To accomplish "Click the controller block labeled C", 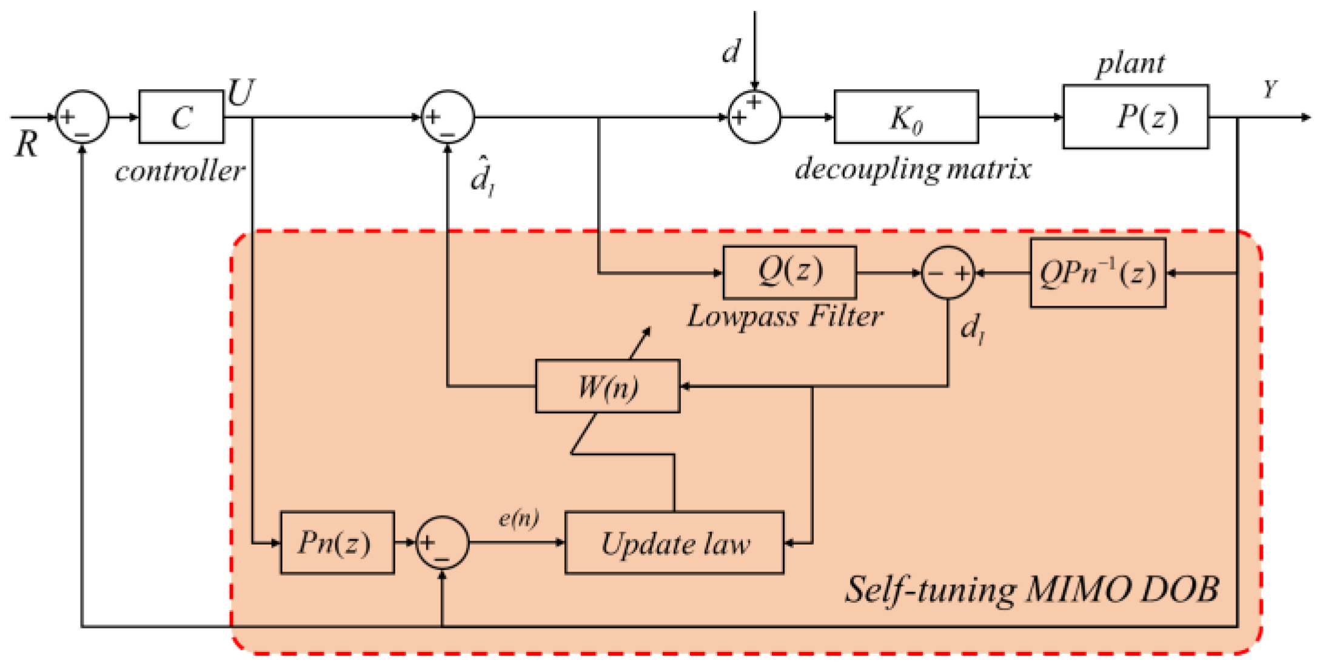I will tap(181, 117).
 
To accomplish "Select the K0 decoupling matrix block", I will tap(906, 117).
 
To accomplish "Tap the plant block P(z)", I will tap(1135, 117).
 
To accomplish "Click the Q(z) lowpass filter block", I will tap(789, 272).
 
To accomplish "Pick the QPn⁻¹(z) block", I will tap(1097, 273).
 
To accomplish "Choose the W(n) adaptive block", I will tap(608, 386).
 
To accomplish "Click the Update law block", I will tap(674, 543).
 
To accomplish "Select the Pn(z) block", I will tap(337, 543).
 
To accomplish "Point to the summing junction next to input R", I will tap(82, 117).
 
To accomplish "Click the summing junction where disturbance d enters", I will tap(754, 117).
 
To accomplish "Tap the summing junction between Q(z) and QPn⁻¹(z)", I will tap(948, 273).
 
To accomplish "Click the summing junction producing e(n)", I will tap(443, 543).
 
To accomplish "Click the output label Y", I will tap(1270, 90).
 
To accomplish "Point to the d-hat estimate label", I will tap(483, 176).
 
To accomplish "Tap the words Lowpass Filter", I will tap(785, 317).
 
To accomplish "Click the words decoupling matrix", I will tap(913, 169).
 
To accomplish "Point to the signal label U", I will tap(241, 92).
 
